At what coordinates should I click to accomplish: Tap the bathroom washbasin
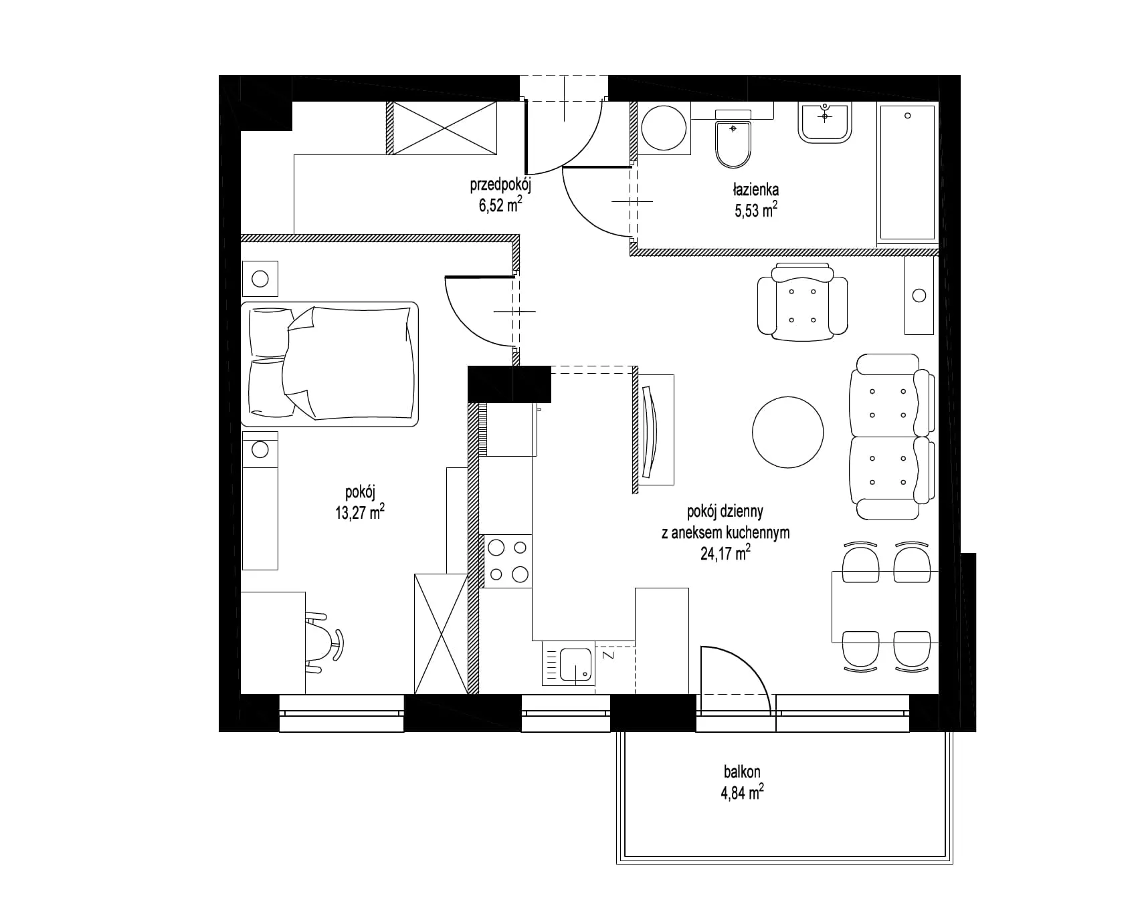825,122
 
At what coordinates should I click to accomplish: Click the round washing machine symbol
664,128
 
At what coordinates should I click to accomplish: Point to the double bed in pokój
329,364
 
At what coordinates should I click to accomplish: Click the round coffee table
787,432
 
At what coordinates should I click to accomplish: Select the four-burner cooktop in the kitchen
507,561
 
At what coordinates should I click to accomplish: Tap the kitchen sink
569,663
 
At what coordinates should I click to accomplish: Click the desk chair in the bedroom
325,642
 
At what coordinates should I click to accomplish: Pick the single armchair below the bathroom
802,301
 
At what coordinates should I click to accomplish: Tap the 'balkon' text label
742,772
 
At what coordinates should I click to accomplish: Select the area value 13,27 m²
360,513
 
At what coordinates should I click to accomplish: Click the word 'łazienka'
755,191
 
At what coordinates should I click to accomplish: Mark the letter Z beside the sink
608,655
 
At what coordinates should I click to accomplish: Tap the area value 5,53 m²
756,211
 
